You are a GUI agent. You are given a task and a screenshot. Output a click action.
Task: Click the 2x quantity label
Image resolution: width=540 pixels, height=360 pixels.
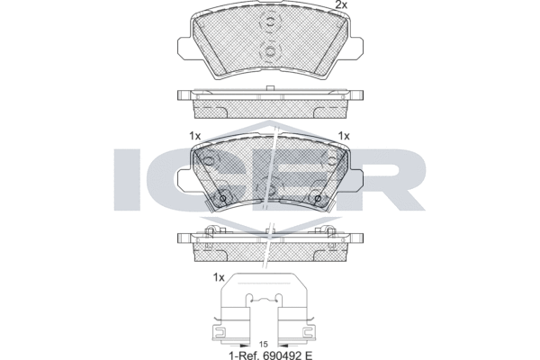tap(341, 4)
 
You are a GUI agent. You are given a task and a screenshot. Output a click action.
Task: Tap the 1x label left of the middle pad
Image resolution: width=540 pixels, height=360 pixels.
tap(195, 136)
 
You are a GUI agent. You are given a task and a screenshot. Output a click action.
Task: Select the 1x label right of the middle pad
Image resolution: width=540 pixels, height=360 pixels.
tap(344, 136)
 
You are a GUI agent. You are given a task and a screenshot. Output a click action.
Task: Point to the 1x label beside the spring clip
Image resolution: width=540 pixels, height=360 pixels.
tap(219, 277)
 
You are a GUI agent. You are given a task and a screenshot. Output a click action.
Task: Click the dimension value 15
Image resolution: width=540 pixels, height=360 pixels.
tap(263, 344)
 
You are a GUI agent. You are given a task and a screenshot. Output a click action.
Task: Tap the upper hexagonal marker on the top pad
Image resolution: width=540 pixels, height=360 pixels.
tap(270, 22)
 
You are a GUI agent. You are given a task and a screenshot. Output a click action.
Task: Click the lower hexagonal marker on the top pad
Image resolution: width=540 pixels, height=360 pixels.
tap(270, 52)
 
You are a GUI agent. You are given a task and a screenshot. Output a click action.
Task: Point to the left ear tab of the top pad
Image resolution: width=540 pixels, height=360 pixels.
tap(184, 46)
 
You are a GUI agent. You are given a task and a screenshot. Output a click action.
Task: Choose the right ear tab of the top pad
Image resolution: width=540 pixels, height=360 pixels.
tap(355, 46)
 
